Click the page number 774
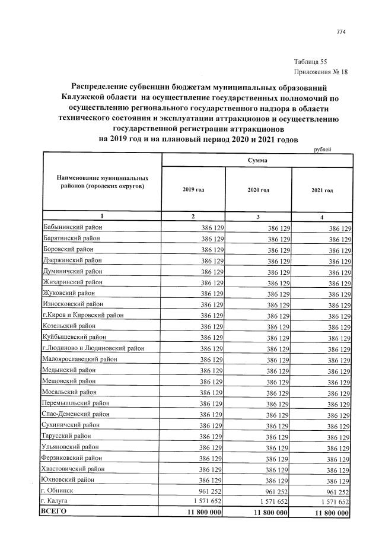tap(340, 31)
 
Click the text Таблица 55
tap(310, 62)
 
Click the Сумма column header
tap(257, 161)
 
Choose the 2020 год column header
tap(258, 190)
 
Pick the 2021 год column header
tap(321, 190)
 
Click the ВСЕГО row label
tap(54, 512)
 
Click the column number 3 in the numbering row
tap(258, 217)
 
